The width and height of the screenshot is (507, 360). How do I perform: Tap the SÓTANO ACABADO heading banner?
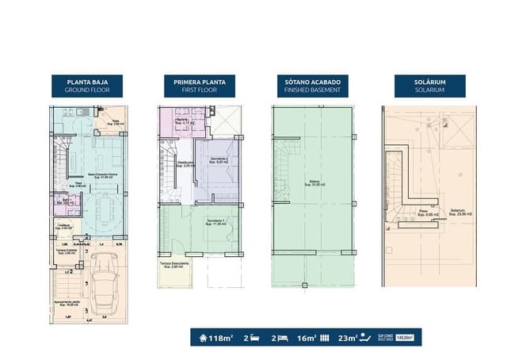click(309, 86)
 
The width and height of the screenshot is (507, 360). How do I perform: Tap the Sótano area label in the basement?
click(310, 186)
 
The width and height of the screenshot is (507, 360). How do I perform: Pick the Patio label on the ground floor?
click(115, 123)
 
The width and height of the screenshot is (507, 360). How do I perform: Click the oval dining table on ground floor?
click(105, 209)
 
